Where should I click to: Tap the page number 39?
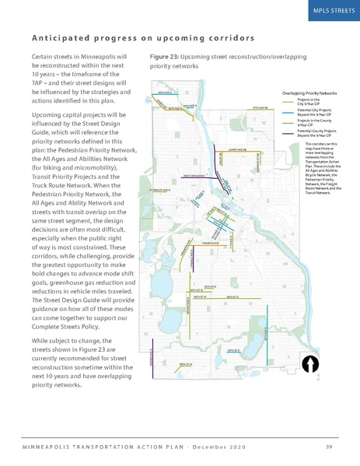[x=329, y=445]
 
